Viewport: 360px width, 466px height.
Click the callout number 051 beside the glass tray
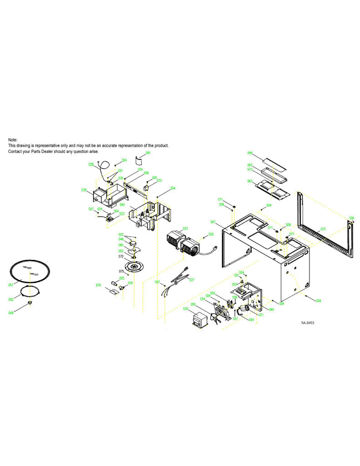click(x=11, y=284)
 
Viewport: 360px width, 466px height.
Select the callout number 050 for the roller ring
click(x=11, y=300)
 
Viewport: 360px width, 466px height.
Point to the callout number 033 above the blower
click(x=185, y=228)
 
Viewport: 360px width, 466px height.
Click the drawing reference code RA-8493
click(x=307, y=323)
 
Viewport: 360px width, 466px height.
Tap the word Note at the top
click(x=13, y=139)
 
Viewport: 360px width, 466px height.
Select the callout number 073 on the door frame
click(x=323, y=229)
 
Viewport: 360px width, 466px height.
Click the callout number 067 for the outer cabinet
click(x=213, y=222)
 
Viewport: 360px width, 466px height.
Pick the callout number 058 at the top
click(x=250, y=153)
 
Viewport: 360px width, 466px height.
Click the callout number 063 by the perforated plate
click(x=250, y=181)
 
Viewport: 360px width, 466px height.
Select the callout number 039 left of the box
click(x=84, y=190)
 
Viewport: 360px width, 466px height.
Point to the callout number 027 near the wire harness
click(x=192, y=279)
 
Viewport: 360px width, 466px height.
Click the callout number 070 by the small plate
click(x=98, y=285)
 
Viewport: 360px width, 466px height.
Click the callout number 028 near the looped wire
click(x=91, y=164)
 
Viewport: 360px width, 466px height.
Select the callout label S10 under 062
click(x=250, y=169)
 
